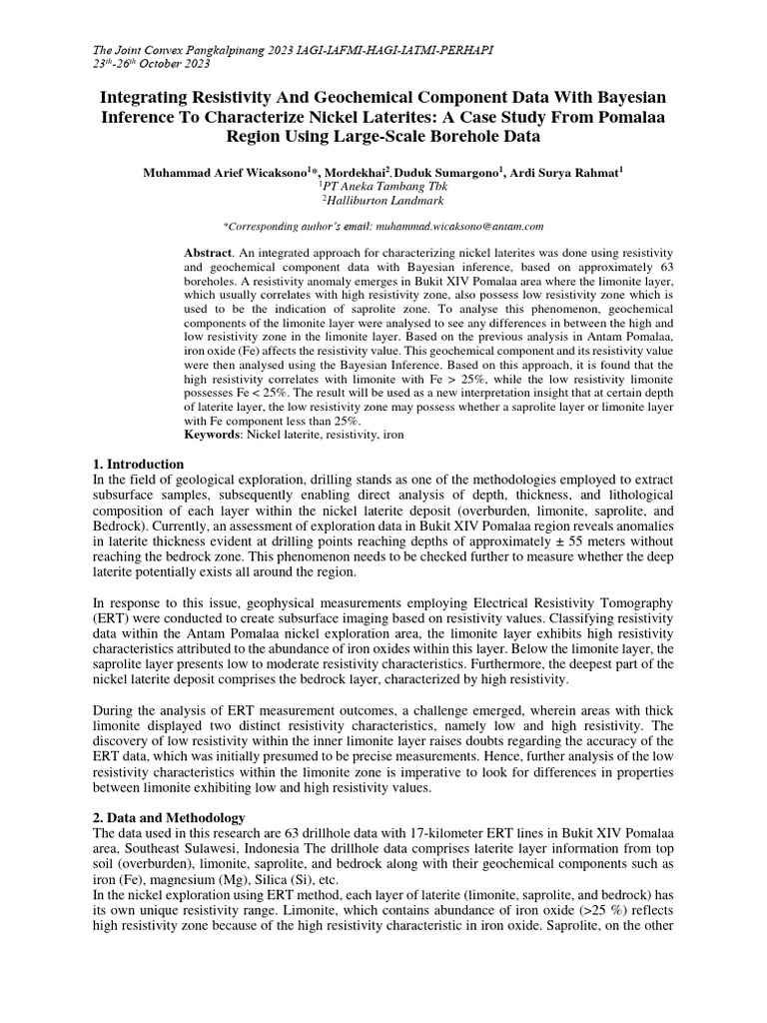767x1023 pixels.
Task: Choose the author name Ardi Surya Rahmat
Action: coord(566,172)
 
